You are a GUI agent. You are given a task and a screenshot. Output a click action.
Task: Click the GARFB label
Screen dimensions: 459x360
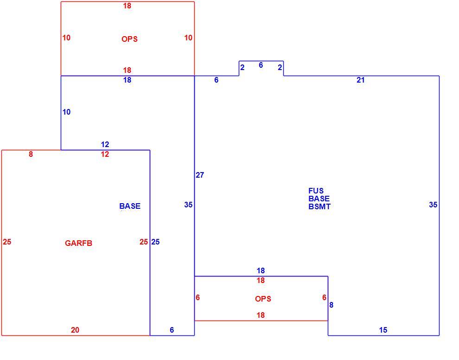(78, 243)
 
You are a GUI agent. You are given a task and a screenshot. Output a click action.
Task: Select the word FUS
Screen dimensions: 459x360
(316, 191)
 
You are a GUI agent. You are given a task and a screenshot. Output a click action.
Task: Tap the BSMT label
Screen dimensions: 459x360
(319, 206)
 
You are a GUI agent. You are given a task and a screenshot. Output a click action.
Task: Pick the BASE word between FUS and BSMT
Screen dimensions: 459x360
(319, 199)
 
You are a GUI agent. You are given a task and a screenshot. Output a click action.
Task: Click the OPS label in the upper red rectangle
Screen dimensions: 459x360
(129, 39)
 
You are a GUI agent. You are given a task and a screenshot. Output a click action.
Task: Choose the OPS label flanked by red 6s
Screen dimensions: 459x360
(263, 299)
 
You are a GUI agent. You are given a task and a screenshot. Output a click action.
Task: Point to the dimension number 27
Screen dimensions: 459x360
(200, 175)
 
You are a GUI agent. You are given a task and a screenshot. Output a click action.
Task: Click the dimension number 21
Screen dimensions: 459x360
(361, 80)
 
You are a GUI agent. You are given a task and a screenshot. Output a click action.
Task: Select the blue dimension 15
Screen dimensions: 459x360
(383, 330)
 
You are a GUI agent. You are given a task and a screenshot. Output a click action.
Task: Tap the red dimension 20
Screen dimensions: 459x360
(75, 330)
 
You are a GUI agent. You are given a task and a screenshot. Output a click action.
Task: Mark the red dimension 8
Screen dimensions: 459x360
(31, 154)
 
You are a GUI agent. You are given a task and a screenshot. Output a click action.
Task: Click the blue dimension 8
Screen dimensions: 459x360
(331, 305)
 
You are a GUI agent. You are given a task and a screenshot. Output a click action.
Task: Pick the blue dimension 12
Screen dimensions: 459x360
(105, 144)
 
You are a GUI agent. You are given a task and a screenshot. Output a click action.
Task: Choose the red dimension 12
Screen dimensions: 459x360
(105, 154)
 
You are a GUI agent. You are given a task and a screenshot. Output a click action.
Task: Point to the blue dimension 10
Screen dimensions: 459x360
(66, 112)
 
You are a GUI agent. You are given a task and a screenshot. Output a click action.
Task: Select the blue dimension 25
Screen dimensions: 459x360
(155, 242)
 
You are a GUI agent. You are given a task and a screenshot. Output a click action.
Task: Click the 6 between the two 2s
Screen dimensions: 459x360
(261, 65)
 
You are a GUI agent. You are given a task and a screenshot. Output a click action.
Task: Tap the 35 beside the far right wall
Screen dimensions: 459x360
(433, 205)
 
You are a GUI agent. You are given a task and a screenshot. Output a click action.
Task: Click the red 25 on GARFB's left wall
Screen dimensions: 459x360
(7, 242)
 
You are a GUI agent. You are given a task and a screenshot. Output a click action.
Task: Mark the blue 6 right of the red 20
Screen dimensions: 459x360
(172, 330)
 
